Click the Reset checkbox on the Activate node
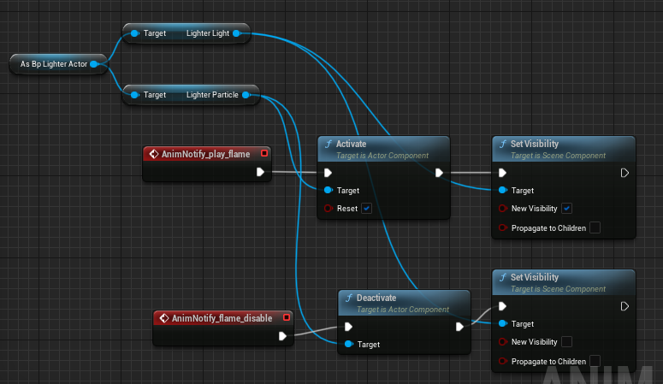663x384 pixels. tap(367, 208)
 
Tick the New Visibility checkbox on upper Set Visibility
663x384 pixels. tap(566, 208)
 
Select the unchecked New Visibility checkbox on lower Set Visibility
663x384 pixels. tap(566, 341)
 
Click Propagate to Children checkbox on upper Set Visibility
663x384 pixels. tap(595, 227)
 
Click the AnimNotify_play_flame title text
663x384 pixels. tap(205, 154)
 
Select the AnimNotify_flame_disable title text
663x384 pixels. tap(222, 318)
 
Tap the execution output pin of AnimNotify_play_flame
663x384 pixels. tap(260, 172)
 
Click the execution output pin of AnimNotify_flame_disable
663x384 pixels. tap(282, 336)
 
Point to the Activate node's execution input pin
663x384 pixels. tap(328, 173)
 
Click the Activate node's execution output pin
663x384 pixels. tap(439, 173)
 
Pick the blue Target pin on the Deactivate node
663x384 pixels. tap(349, 344)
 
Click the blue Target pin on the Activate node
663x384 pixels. tap(329, 190)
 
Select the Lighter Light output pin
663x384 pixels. tap(237, 33)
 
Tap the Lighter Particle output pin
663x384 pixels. tap(246, 95)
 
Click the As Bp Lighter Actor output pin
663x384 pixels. tap(95, 64)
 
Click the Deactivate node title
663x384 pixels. tap(376, 298)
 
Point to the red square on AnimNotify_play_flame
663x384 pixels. tap(264, 153)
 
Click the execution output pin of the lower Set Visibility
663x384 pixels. tap(625, 306)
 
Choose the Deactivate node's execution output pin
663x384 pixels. tap(459, 327)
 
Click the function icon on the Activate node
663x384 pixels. tap(329, 144)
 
